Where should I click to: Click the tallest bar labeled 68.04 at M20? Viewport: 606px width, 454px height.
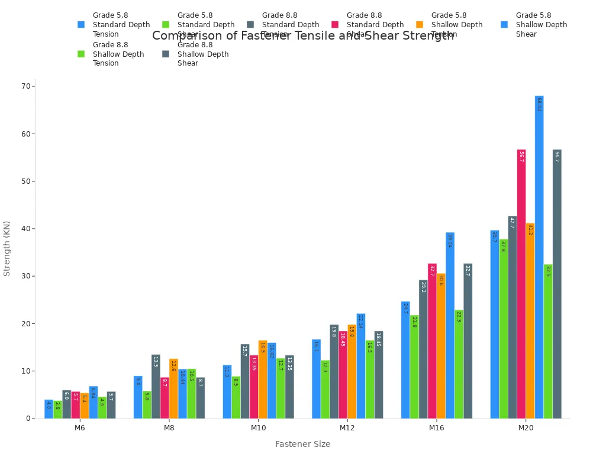tap(539, 257)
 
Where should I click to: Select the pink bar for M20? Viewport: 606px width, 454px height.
tap(521, 284)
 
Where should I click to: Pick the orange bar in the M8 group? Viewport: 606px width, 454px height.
tap(173, 388)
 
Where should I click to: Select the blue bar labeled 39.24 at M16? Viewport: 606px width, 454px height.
tap(450, 325)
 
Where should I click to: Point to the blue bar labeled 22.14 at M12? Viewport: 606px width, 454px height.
tap(361, 366)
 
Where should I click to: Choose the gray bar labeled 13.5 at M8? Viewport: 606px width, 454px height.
tap(156, 387)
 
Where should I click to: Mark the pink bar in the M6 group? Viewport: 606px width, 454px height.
tap(76, 405)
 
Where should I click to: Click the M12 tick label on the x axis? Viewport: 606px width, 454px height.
tap(347, 428)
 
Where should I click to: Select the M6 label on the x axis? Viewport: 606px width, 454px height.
tap(80, 428)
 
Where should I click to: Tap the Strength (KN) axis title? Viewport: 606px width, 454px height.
tap(7, 248)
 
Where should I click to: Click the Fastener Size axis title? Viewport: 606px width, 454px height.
tap(302, 444)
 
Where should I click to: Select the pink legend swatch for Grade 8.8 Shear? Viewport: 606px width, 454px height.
tap(335, 25)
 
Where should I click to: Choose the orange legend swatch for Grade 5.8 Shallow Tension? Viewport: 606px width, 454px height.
tap(420, 25)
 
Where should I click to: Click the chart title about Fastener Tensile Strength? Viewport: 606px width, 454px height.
tap(303, 36)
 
